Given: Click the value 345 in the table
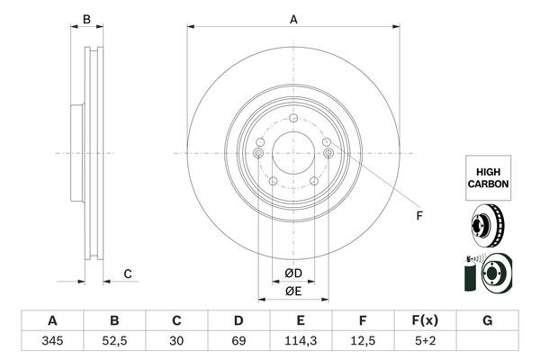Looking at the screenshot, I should click(51, 343).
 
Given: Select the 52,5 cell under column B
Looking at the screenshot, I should click(114, 343).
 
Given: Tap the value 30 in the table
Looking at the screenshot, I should click(176, 343).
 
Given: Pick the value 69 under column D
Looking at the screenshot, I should click(238, 343).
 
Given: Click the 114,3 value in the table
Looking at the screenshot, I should click(301, 343).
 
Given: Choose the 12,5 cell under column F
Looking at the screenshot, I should click(363, 343).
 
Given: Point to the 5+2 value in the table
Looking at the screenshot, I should click(425, 343).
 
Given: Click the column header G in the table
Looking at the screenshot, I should click(487, 320).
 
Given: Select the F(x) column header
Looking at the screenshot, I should click(425, 320).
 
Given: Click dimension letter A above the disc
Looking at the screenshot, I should click(293, 19).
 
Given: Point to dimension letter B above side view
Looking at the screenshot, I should click(86, 19).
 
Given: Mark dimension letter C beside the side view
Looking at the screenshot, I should click(128, 274).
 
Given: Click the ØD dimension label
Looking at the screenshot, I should click(292, 274).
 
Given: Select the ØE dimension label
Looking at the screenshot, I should click(292, 291).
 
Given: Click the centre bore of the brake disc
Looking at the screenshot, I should click(293, 153).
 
